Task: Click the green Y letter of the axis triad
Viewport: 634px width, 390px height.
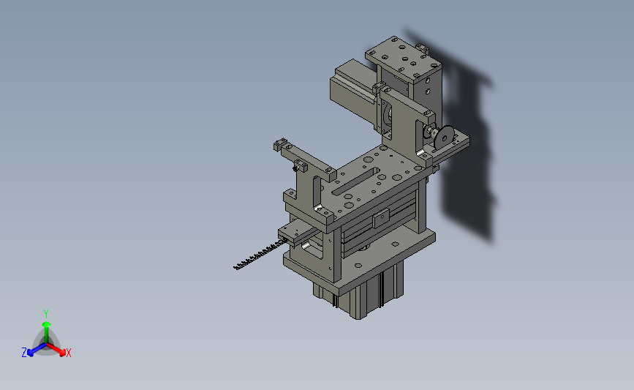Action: click(x=46, y=314)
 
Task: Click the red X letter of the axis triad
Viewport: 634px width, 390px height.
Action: click(x=68, y=353)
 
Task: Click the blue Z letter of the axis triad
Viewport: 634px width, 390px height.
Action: click(x=24, y=353)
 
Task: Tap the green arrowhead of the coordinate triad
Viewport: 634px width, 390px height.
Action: click(x=46, y=324)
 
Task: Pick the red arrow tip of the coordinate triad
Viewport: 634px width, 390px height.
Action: click(x=62, y=353)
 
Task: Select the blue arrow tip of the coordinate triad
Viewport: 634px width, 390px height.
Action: click(x=30, y=353)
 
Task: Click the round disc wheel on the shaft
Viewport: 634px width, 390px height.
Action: click(x=444, y=138)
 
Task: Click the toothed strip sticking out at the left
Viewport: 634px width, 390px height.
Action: click(x=259, y=255)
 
